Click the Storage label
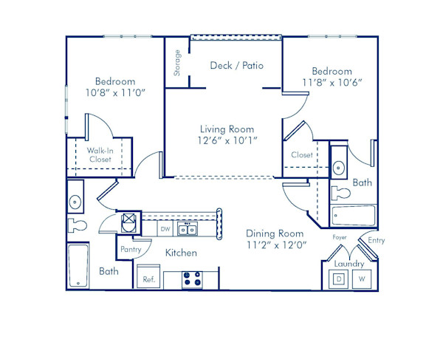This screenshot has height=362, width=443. click(x=177, y=63)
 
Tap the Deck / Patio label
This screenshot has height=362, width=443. click(x=237, y=66)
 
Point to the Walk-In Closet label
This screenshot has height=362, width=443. click(x=100, y=154)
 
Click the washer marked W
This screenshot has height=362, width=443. click(x=362, y=279)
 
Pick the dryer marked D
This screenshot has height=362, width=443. click(x=339, y=279)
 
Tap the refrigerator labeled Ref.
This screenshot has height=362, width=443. click(x=148, y=279)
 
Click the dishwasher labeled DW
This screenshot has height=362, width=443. click(x=165, y=230)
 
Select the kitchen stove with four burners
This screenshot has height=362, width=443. click(x=192, y=280)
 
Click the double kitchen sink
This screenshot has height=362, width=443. click(x=187, y=230)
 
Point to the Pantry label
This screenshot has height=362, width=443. click(x=131, y=250)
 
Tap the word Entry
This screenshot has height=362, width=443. click(x=377, y=240)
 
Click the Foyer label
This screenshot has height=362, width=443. click(x=340, y=238)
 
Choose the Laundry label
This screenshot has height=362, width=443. click(x=349, y=263)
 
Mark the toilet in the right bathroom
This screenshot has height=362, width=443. click(x=341, y=194)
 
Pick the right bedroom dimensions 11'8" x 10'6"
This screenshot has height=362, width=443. click(x=332, y=83)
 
